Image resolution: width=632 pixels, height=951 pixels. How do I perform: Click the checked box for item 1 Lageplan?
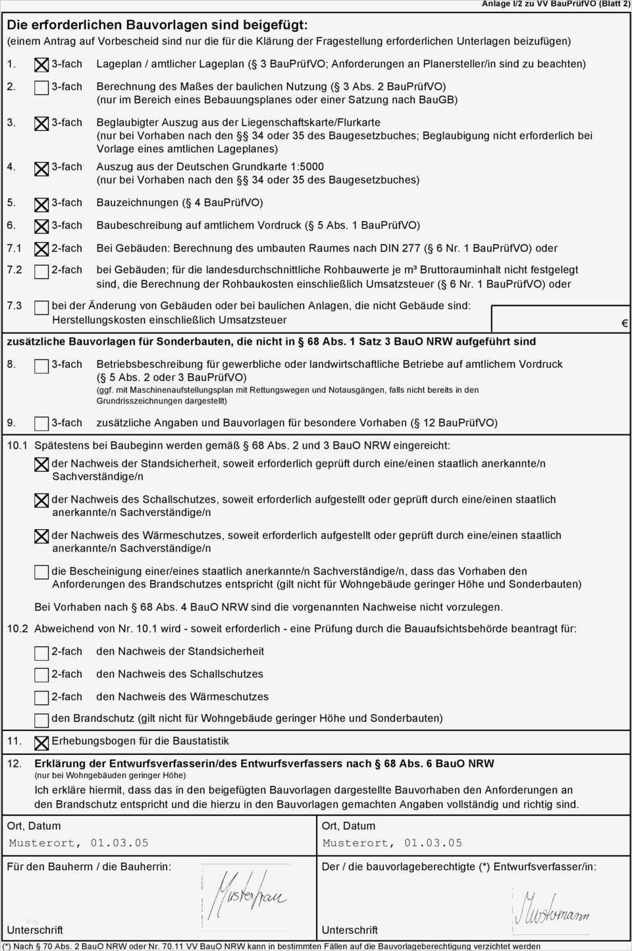pos(41,65)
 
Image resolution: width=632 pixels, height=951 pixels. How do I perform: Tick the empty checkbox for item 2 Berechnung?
pos(41,88)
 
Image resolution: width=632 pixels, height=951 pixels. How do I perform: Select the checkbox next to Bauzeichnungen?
pos(41,204)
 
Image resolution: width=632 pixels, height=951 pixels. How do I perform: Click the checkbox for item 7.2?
pos(41,271)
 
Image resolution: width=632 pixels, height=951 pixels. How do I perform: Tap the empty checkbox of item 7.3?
pos(41,307)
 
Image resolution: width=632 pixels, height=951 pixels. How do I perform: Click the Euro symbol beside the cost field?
pos(624,324)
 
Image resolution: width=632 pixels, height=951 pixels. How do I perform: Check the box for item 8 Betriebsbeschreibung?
pos(41,365)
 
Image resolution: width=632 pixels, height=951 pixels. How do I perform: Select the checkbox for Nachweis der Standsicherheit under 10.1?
pos(41,465)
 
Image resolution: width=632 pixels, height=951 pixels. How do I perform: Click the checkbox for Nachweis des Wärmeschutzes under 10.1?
pos(41,536)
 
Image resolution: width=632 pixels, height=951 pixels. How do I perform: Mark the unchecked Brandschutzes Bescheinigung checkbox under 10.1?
pos(41,572)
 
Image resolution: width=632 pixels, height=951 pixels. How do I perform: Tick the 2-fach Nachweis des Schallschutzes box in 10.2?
pos(41,675)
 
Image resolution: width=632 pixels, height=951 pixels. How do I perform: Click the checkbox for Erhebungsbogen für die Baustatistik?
pos(41,742)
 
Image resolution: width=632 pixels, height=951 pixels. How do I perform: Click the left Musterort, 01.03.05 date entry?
pos(78,843)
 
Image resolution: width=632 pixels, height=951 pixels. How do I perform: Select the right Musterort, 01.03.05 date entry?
pos(392,843)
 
